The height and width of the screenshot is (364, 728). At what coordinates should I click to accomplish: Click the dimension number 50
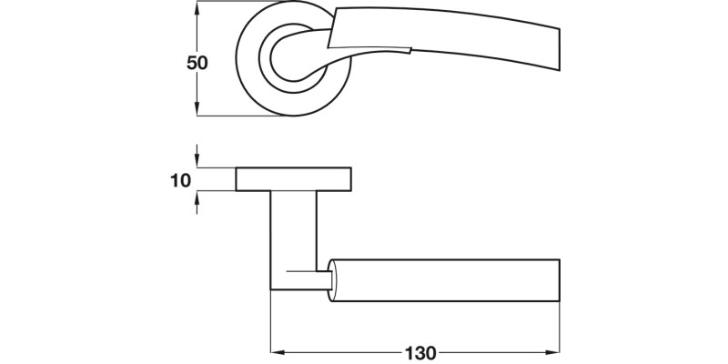197,64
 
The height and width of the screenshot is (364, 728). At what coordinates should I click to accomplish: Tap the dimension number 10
180,180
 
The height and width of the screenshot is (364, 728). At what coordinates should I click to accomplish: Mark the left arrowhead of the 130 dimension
277,351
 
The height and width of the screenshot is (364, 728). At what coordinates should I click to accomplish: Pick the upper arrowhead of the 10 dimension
197,161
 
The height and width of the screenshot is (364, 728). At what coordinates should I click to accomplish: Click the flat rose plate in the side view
294,179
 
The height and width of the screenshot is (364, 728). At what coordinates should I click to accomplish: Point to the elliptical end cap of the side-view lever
338,280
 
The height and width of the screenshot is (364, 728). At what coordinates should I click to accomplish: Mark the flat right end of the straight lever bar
558,280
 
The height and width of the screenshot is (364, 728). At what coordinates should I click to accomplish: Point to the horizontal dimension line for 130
346,351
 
